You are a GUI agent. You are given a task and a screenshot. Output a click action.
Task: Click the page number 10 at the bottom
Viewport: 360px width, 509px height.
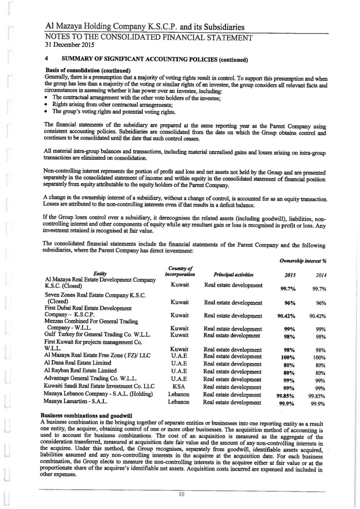181,494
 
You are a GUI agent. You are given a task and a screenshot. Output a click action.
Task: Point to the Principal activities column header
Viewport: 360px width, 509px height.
234,275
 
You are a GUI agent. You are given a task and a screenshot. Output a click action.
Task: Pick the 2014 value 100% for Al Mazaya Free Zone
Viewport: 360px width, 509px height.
319,357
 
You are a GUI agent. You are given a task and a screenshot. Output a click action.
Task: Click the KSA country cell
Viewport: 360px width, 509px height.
180,387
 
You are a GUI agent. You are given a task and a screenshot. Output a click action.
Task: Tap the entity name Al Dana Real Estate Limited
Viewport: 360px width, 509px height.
78,363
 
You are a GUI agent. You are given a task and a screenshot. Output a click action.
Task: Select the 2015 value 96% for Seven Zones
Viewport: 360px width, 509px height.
289,303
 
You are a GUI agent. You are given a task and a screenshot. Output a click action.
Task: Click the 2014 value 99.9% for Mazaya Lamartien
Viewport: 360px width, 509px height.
318,403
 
